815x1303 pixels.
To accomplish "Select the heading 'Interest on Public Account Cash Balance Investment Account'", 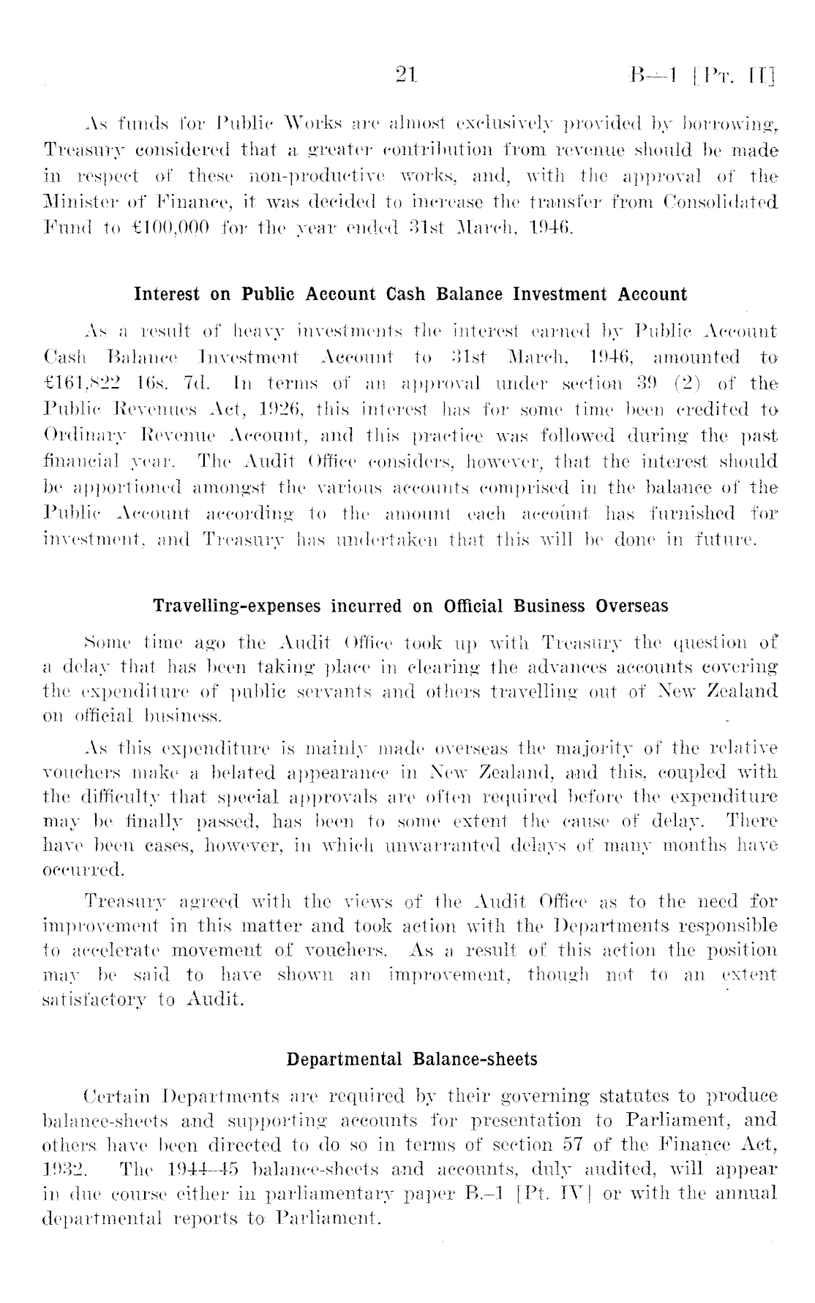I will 410,295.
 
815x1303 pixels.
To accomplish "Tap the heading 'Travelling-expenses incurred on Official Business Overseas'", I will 410,607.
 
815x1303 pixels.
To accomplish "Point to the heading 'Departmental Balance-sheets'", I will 412,1059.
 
